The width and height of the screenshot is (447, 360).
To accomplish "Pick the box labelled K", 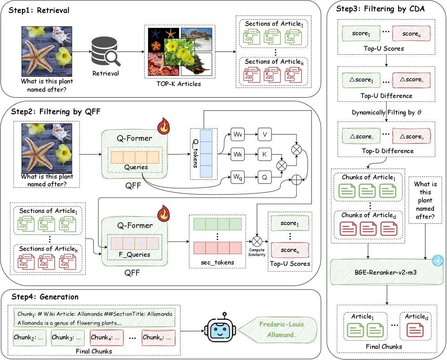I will pos(264,154).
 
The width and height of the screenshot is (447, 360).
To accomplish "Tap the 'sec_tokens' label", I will pos(217,262).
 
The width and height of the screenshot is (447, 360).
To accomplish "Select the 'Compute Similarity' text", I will pos(258,252).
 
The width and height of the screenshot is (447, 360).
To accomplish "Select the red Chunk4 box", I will pos(106,337).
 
